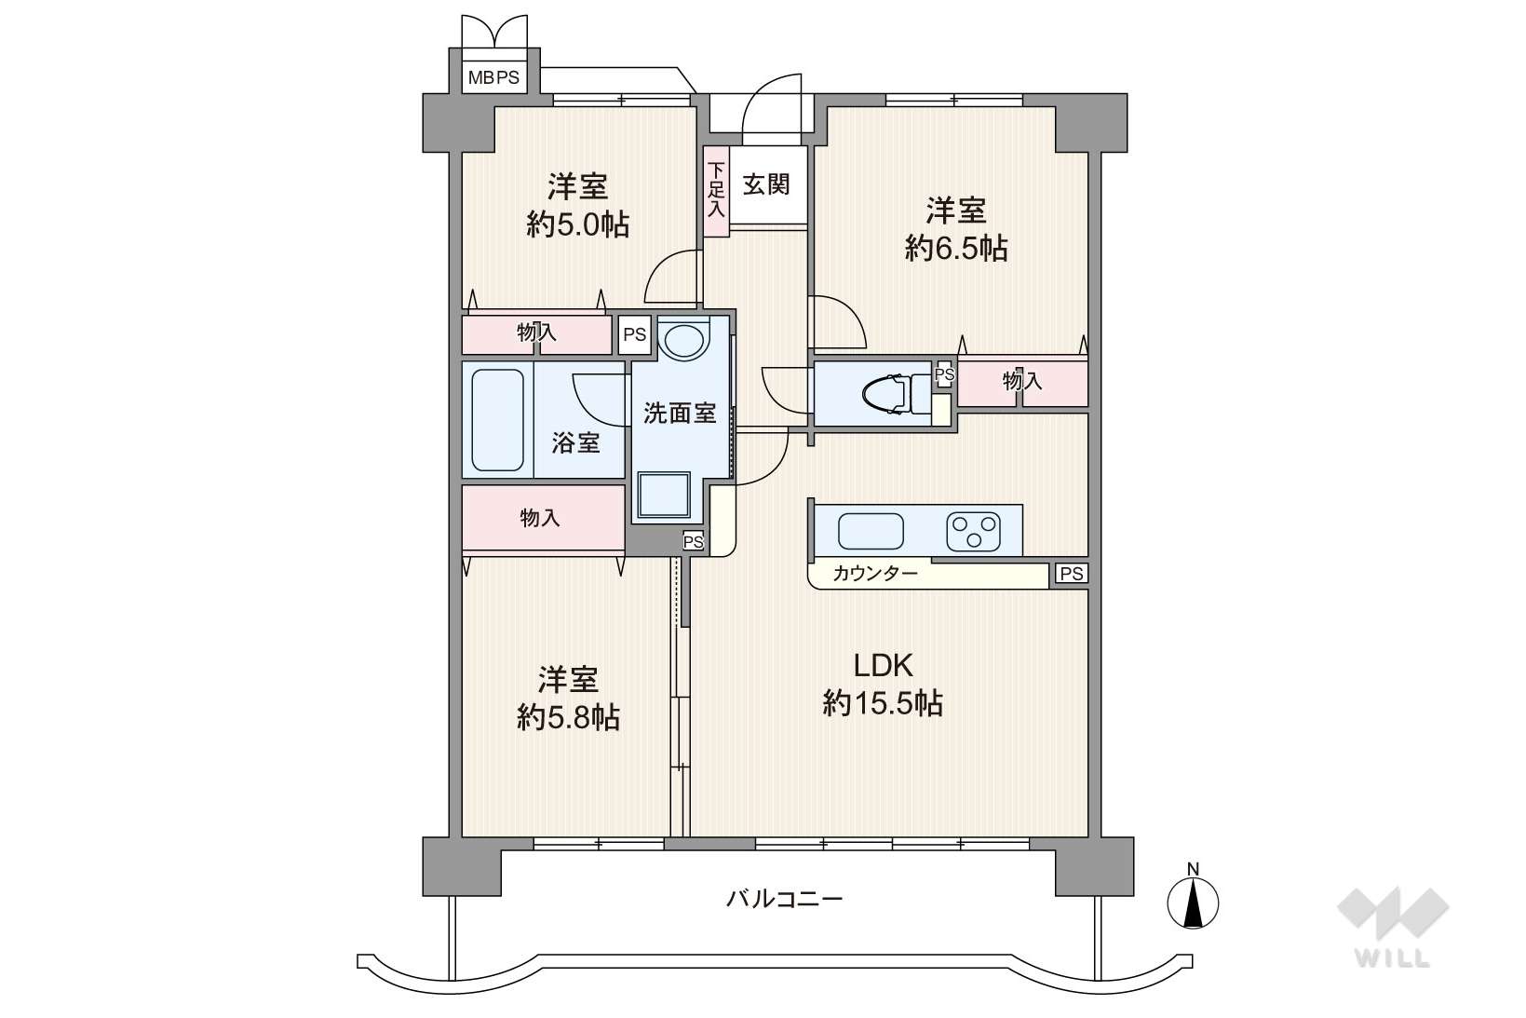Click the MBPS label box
pyautogui.click(x=493, y=77)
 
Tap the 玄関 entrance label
pyautogui.click(x=766, y=184)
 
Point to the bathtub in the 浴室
pyautogui.click(x=497, y=420)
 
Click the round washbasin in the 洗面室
pyautogui.click(x=684, y=342)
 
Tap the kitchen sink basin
pyautogui.click(x=871, y=531)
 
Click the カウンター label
pyautogui.click(x=874, y=573)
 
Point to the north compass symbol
pyautogui.click(x=1193, y=897)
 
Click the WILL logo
pyautogui.click(x=1393, y=927)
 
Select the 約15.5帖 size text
pyautogui.click(x=883, y=703)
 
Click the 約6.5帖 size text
pyautogui.click(x=956, y=249)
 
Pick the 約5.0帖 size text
pyautogui.click(x=577, y=224)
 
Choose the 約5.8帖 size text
pyautogui.click(x=568, y=717)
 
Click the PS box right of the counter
pyautogui.click(x=1072, y=574)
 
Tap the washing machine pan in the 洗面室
pyautogui.click(x=664, y=495)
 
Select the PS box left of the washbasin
pyautogui.click(x=634, y=334)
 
